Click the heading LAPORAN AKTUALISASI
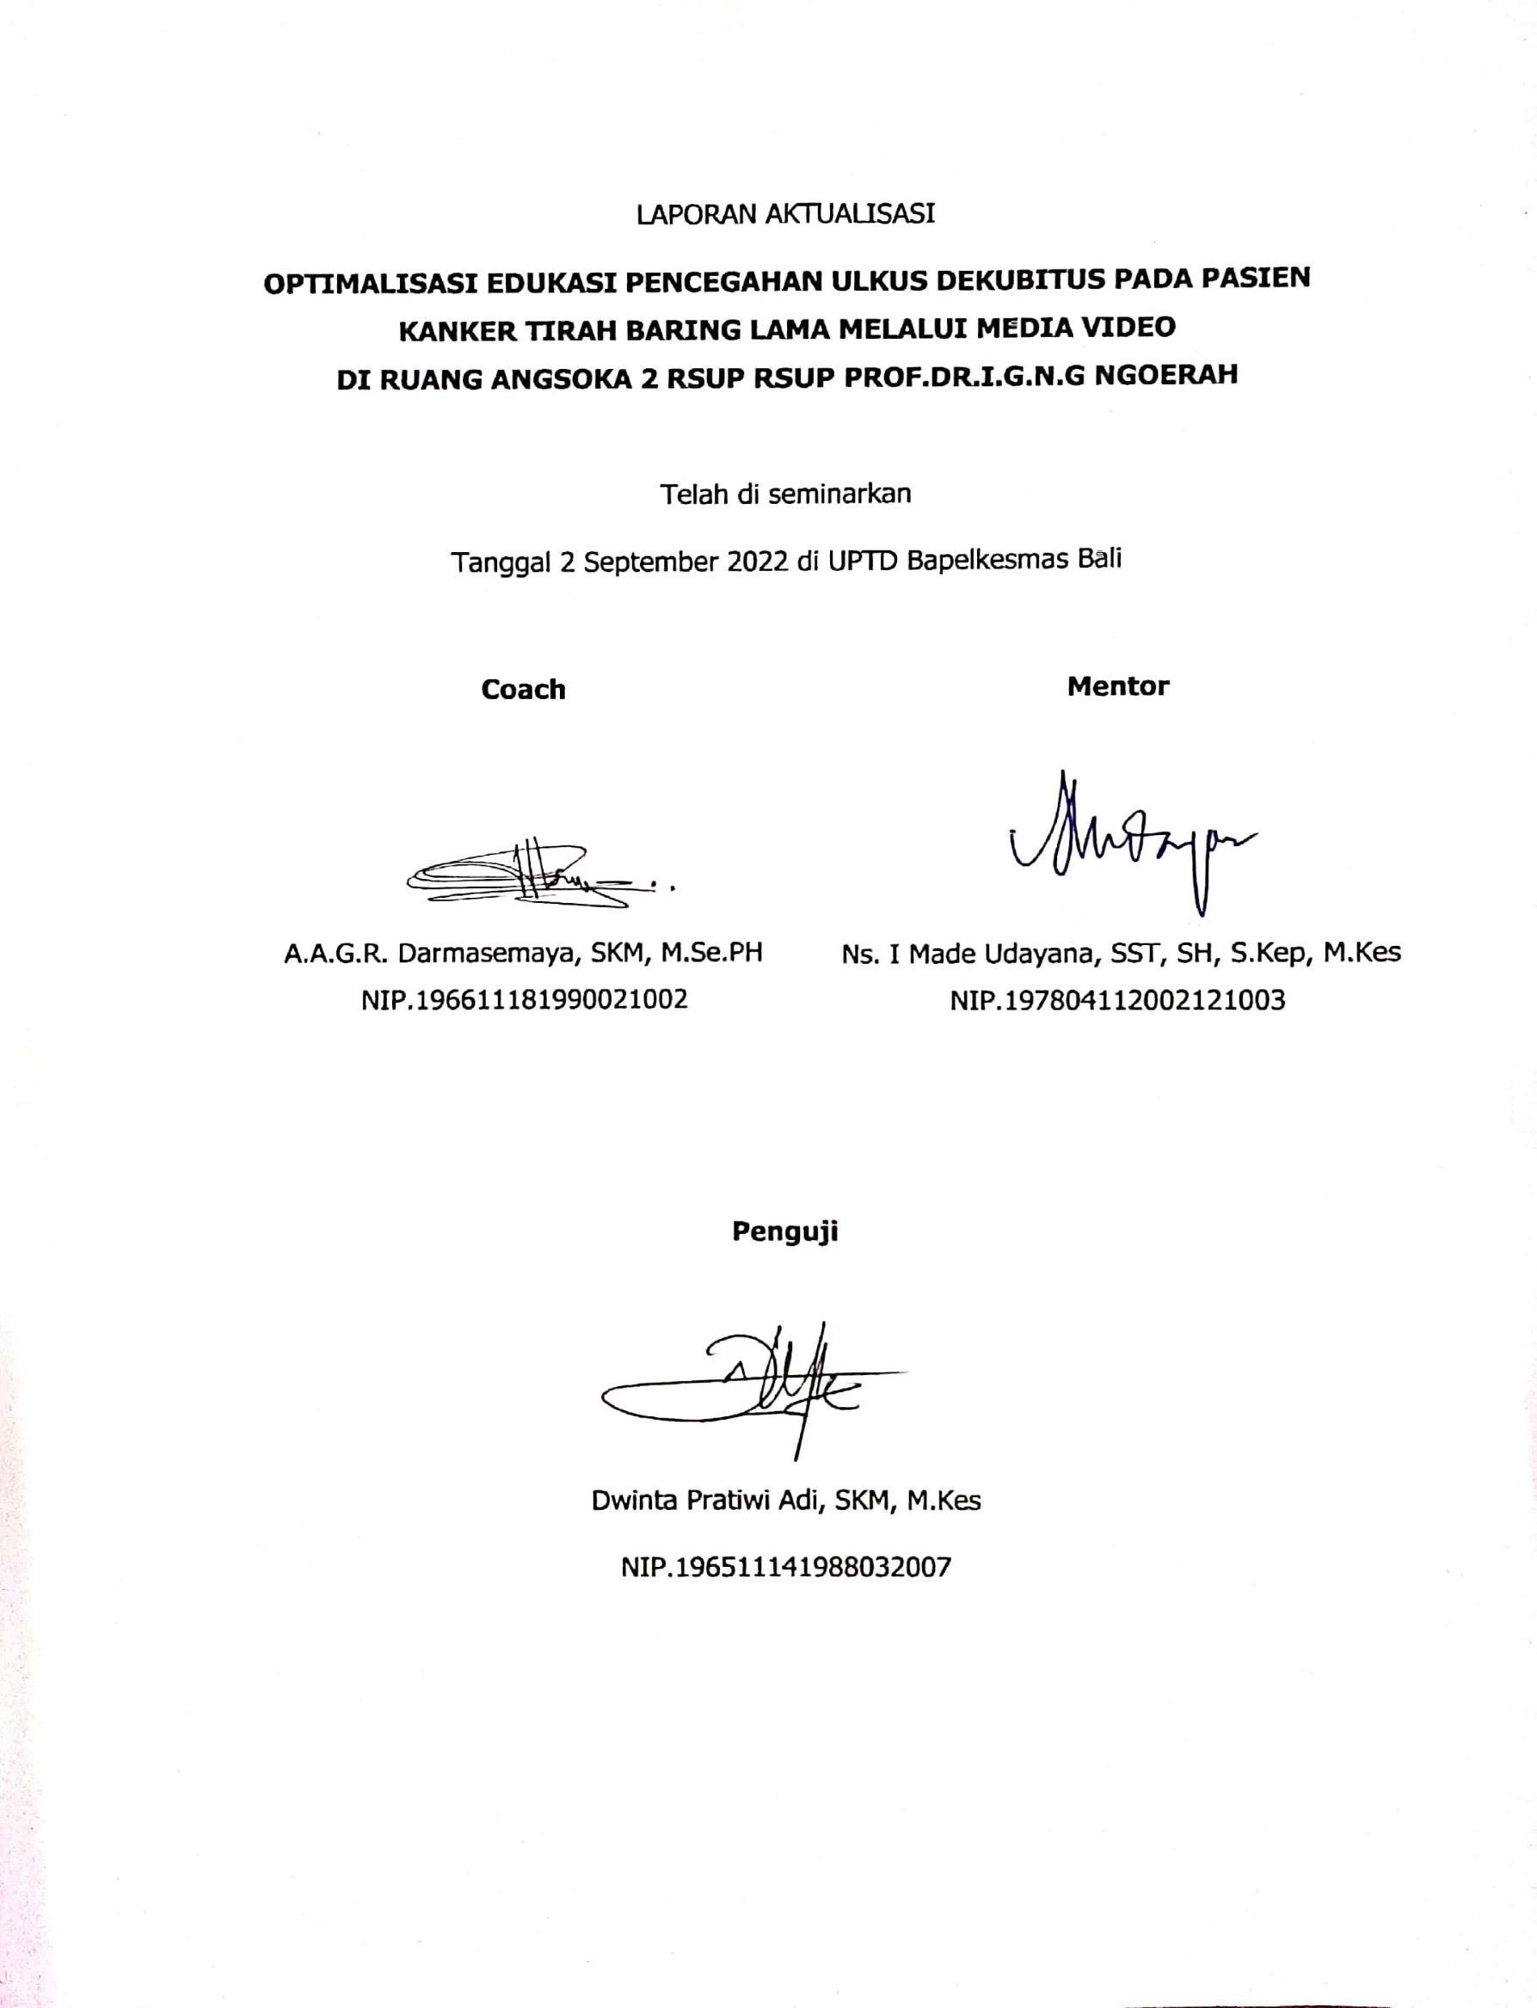(785, 214)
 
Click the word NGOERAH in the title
(1172, 376)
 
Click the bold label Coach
(523, 689)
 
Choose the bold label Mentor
(1118, 686)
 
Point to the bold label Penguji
(785, 1232)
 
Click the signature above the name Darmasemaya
(540, 876)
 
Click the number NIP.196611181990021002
(524, 999)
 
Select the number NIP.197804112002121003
(1117, 1000)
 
